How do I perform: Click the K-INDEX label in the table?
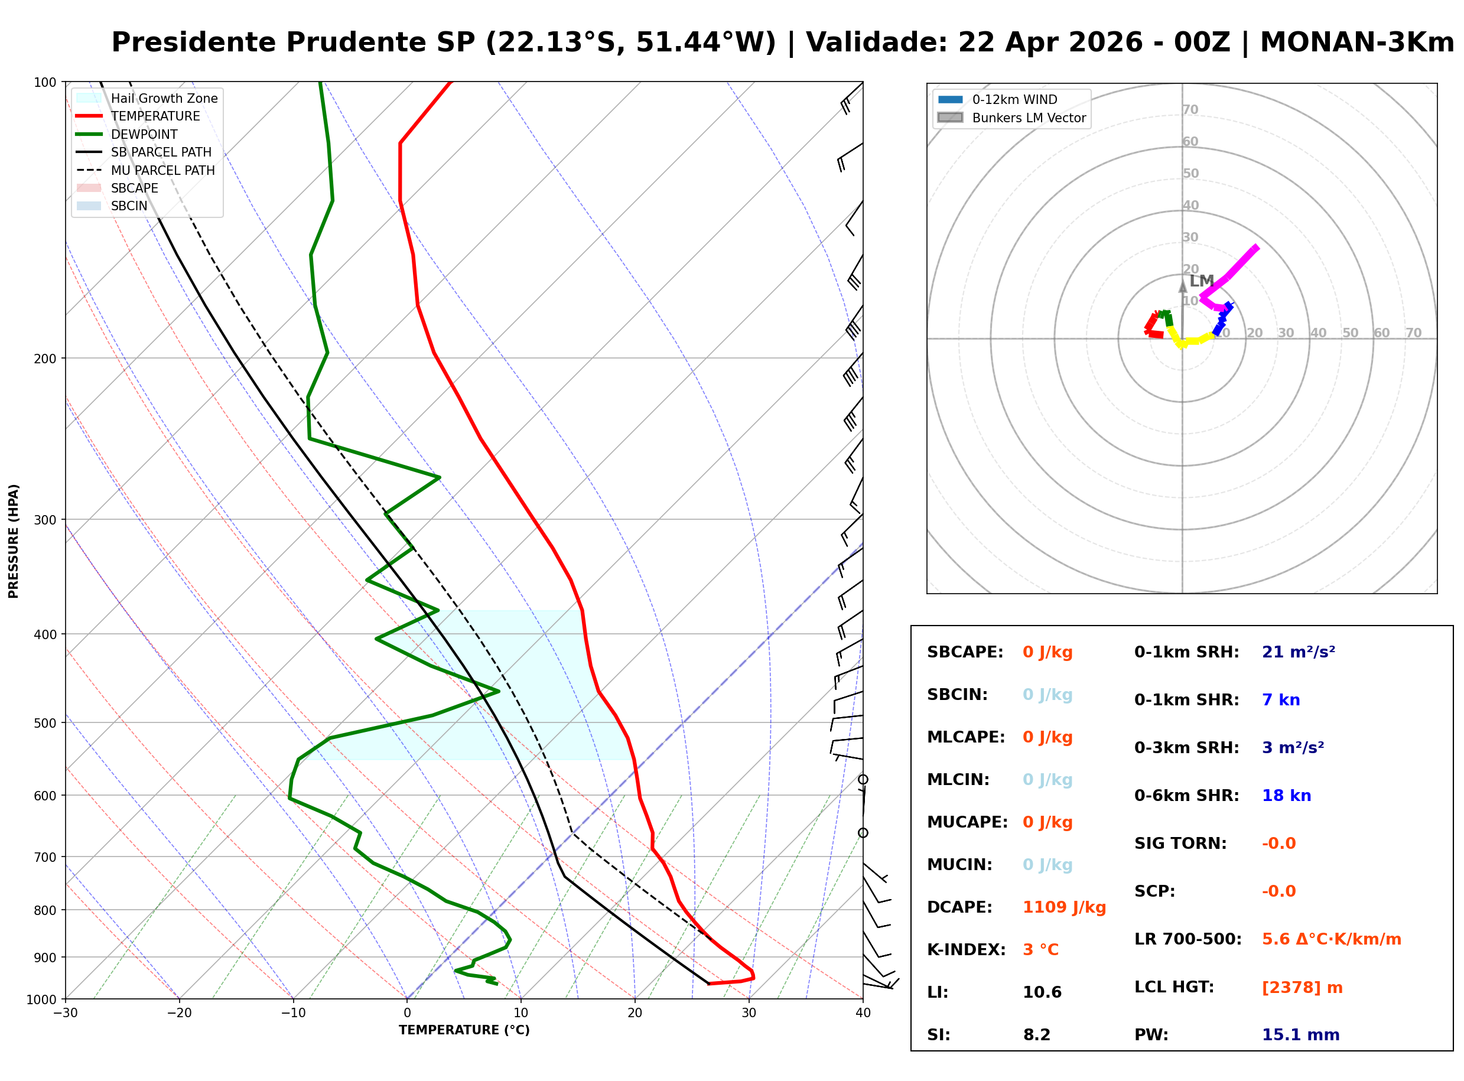965,949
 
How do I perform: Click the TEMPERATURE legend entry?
155,116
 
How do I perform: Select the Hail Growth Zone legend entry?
164,98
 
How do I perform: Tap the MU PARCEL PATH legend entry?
162,170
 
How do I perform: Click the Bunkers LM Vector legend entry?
1028,118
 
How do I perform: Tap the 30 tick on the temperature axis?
749,1013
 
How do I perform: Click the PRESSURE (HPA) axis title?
13,540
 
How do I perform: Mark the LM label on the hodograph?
1201,281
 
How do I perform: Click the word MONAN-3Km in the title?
1356,43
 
